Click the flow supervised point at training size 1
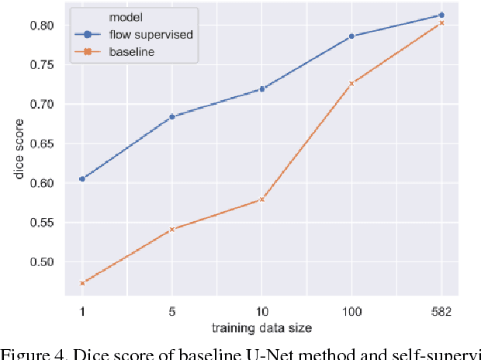tap(82, 178)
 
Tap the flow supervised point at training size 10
tap(262, 89)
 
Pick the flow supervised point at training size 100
tap(351, 36)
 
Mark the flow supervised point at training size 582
tap(441, 15)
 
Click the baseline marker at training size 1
tap(82, 283)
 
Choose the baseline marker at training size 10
tap(262, 199)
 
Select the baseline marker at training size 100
tap(351, 83)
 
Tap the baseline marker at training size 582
tap(441, 23)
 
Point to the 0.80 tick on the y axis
tap(42, 26)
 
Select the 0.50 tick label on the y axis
tap(42, 262)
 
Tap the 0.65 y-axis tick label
tap(42, 144)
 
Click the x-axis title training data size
tap(262, 327)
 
